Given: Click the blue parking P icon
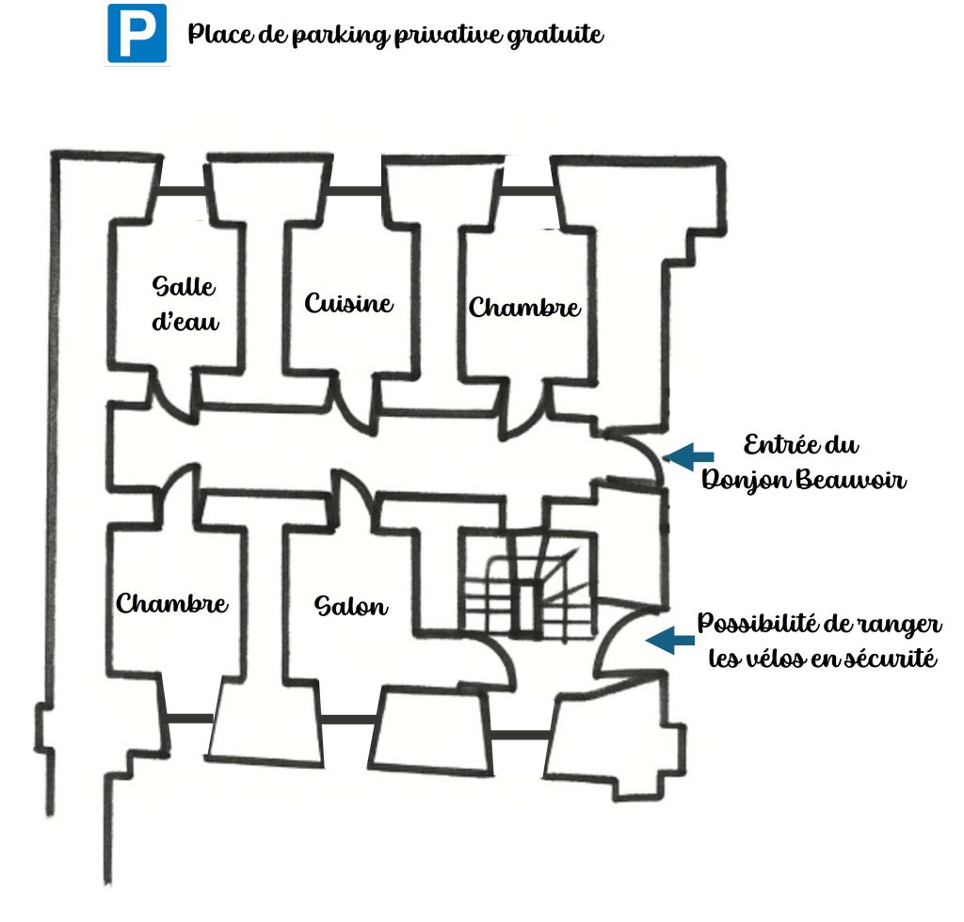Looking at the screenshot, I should (x=137, y=34).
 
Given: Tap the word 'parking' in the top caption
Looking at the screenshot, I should (x=308, y=37).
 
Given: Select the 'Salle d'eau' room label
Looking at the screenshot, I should (x=185, y=304).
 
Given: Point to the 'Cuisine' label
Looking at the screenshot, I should (x=348, y=304).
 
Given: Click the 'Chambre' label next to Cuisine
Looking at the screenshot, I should (x=524, y=308).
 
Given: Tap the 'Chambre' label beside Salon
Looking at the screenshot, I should (x=171, y=603).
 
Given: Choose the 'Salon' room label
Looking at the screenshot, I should (x=350, y=606).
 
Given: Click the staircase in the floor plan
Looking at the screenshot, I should (x=526, y=586).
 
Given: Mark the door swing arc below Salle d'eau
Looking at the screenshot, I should (x=172, y=392).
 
